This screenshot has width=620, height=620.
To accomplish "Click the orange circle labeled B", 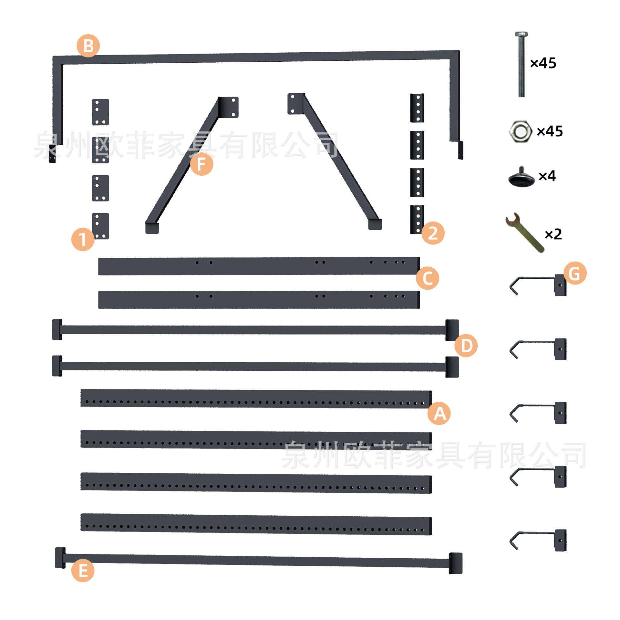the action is (88, 46).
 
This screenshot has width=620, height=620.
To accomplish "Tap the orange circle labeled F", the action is (201, 164).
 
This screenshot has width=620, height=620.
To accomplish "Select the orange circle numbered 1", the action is (83, 239).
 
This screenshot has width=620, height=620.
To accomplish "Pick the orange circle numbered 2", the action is (433, 233).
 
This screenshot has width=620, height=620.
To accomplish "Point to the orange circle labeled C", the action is (428, 278).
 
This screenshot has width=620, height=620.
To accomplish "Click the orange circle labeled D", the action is (466, 346).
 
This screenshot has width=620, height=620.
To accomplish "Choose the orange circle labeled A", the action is (439, 413).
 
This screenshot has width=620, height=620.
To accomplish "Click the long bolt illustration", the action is (521, 65).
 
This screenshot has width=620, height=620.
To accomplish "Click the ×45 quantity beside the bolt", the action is (543, 63).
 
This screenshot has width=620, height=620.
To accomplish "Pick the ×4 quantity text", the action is (547, 176).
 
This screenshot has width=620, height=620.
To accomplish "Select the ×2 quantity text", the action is (553, 234).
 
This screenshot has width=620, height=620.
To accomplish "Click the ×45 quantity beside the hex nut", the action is (550, 131).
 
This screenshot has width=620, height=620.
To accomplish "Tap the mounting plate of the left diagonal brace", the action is (229, 107).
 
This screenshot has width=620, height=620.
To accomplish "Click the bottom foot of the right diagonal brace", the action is (375, 224).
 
